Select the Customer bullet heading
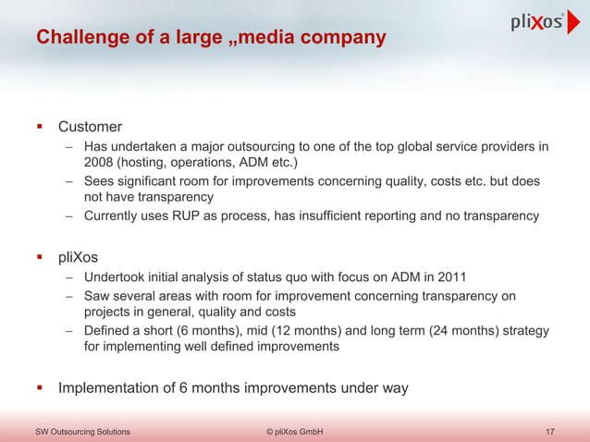(x=90, y=126)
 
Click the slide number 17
(x=551, y=432)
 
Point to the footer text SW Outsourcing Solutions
(x=82, y=432)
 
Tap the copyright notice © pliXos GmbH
(x=294, y=432)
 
